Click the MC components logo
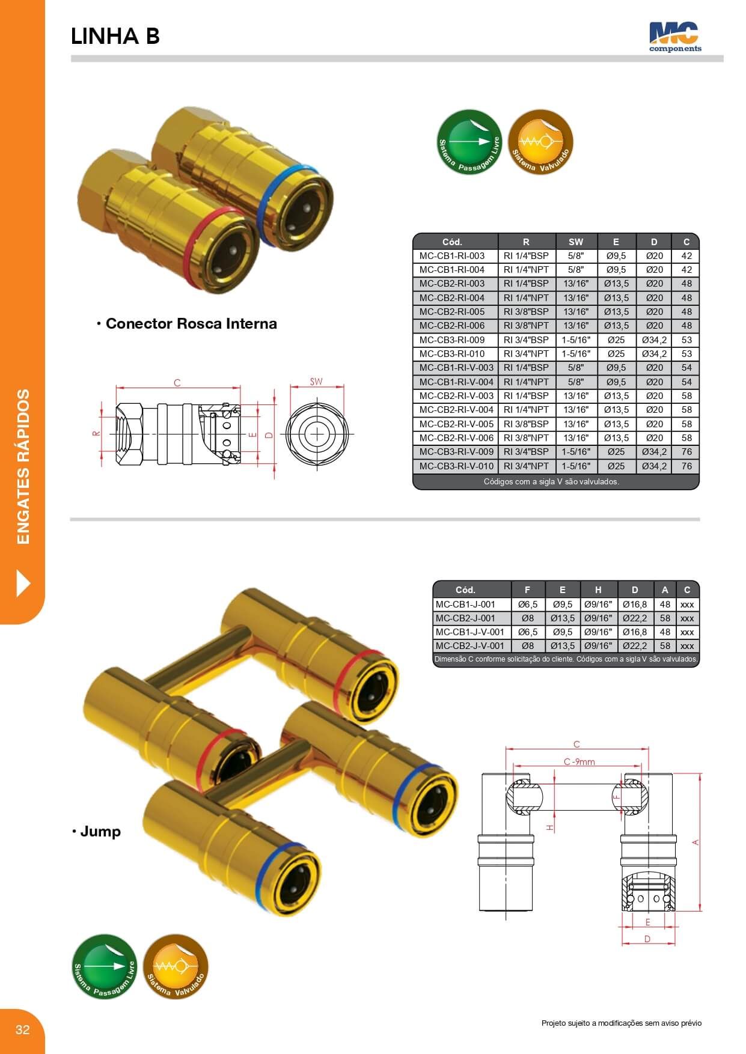point(674,37)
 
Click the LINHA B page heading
point(115,37)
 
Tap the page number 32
point(22,1029)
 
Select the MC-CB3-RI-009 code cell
point(452,340)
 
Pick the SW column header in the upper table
point(576,242)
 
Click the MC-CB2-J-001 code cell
point(465,618)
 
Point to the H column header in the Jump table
point(598,589)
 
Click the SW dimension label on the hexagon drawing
point(316,381)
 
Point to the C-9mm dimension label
point(579,761)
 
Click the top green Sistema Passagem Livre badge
point(469,142)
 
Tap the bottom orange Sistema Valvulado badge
point(176,966)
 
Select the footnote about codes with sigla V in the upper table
point(551,481)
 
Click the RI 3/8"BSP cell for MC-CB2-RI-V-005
point(526,424)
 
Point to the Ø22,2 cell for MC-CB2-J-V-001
point(635,645)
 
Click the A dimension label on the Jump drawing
point(696,842)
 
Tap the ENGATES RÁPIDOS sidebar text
point(23,467)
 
